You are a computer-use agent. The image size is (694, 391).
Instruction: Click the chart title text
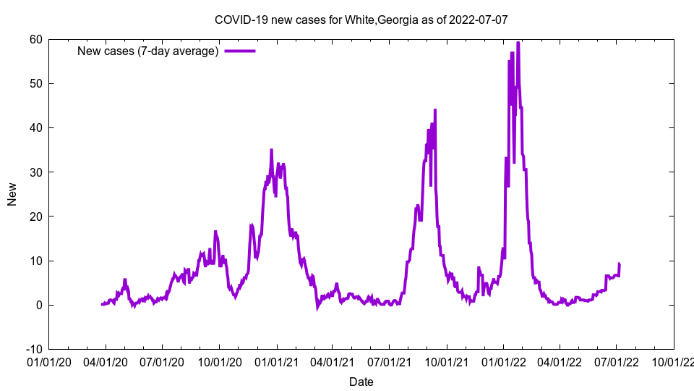click(x=361, y=20)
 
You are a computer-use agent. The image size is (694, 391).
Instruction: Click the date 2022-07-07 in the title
click(x=478, y=20)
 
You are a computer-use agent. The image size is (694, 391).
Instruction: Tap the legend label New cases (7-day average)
click(x=148, y=51)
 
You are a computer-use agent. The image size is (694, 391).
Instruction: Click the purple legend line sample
click(x=240, y=51)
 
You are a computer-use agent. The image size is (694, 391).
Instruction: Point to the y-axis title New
click(x=12, y=193)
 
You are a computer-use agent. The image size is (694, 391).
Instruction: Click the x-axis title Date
click(x=361, y=382)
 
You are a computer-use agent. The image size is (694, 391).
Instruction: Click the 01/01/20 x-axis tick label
click(x=48, y=360)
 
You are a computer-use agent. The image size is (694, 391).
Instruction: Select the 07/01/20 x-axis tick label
click(x=162, y=360)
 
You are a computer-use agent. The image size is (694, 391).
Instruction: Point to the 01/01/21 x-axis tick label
click(x=276, y=360)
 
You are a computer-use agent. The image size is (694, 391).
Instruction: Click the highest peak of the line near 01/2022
click(x=518, y=43)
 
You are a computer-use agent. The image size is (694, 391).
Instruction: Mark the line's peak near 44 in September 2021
click(x=435, y=110)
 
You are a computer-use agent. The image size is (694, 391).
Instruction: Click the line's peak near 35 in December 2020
click(x=271, y=150)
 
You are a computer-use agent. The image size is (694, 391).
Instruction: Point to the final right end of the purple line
click(x=619, y=264)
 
